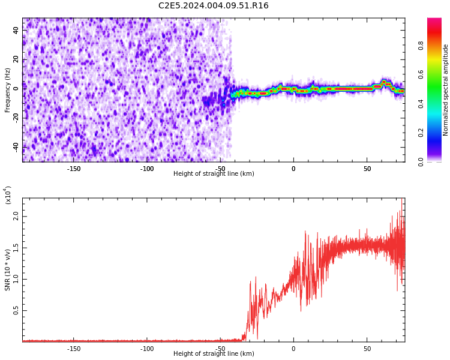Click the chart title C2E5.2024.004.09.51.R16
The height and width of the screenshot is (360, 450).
tap(214, 6)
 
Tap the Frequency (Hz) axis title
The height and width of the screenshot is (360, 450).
tap(8, 90)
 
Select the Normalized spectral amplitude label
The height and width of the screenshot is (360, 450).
tap(446, 90)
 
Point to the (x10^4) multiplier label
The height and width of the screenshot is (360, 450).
tap(8, 195)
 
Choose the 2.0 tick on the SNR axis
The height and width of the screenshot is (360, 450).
tap(16, 216)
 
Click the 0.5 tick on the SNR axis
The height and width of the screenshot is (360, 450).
tap(16, 310)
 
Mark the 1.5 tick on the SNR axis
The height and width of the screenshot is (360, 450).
tap(16, 247)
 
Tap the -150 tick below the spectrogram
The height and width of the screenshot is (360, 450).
tap(73, 169)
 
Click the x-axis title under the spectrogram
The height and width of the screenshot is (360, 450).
tap(214, 174)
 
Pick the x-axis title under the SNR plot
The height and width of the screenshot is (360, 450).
tap(214, 354)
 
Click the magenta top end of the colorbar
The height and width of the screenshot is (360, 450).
tap(434, 20)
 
